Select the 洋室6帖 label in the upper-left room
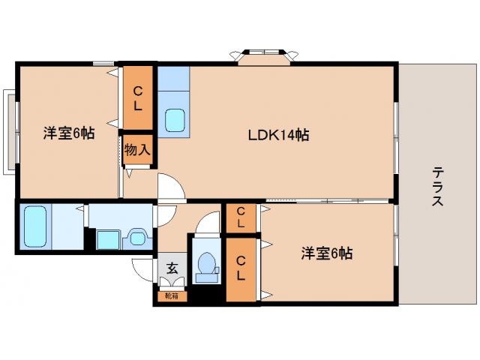[68, 133]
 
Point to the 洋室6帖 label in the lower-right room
[327, 253]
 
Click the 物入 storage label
[138, 149]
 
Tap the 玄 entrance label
[172, 268]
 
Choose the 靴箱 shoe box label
[172, 296]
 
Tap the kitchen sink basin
[175, 120]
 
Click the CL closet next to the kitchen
[138, 98]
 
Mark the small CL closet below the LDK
[241, 218]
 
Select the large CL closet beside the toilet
[241, 268]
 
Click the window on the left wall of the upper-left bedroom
[9, 130]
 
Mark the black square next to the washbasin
[105, 238]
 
